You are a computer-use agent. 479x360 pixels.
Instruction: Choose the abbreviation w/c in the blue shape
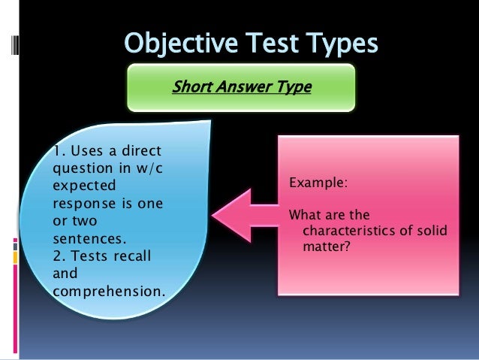pyautogui.click(x=150, y=168)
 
